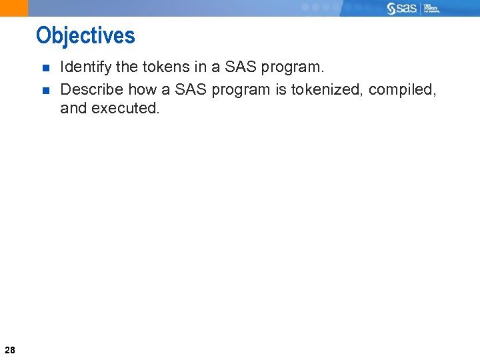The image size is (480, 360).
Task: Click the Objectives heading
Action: pos(85,35)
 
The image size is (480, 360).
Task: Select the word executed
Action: pos(126,108)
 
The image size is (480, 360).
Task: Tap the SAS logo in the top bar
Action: pos(403,8)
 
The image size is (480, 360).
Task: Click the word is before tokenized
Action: pos(281,89)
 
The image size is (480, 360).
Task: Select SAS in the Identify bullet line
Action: pos(243,67)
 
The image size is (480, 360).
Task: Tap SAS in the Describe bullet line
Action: pos(191,89)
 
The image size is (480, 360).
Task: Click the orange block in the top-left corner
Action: pos(14,8)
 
